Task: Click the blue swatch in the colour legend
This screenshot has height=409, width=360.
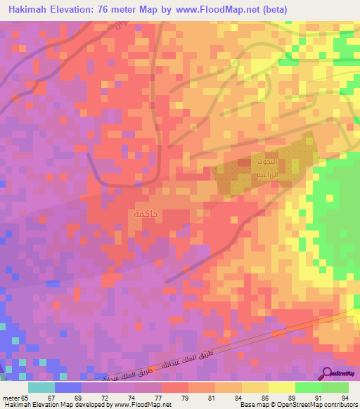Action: [x=68, y=387]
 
